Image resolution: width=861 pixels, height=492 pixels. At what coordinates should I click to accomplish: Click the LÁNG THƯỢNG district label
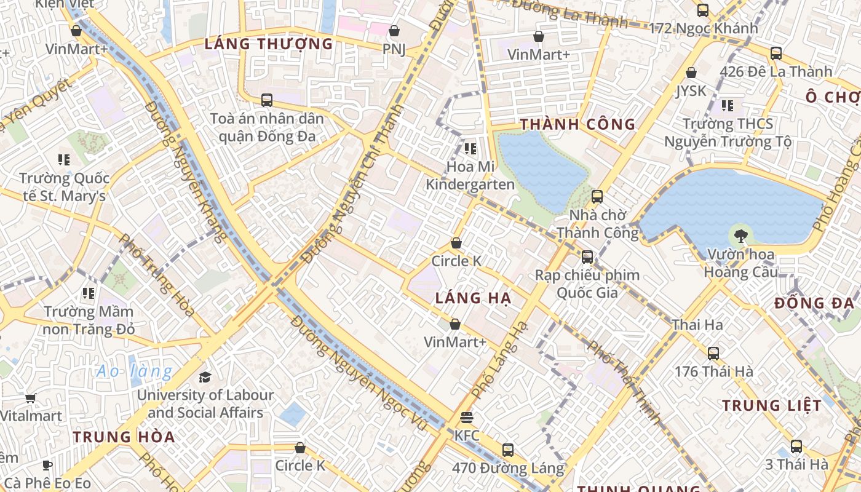[x=268, y=44]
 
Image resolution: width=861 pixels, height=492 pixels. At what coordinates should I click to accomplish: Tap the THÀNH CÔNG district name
[x=577, y=124]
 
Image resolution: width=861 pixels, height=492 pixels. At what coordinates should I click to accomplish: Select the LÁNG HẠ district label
[x=473, y=298]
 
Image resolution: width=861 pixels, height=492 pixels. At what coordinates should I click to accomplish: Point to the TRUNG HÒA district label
[x=124, y=437]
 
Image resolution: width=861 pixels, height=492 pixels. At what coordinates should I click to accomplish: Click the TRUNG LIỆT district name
[x=771, y=405]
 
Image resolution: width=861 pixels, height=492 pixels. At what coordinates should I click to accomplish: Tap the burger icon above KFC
[x=467, y=418]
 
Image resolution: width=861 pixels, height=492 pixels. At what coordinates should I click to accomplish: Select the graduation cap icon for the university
[x=205, y=376]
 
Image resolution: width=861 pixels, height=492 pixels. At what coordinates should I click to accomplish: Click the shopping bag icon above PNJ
[x=394, y=30]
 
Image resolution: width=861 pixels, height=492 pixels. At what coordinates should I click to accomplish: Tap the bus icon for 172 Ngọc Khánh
[x=703, y=10]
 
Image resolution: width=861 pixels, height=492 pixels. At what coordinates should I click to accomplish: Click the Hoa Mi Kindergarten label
[x=470, y=175]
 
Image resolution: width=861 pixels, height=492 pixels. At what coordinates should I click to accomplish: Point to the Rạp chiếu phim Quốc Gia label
[x=587, y=284]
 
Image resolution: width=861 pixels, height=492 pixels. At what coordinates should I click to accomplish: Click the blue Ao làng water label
[x=135, y=371]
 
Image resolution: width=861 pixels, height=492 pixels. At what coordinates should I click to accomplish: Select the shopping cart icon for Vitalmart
[x=31, y=398]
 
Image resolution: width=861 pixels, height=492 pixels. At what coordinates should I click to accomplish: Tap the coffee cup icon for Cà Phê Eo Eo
[x=47, y=465]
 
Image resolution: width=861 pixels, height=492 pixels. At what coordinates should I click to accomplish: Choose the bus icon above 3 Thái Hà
[x=796, y=446]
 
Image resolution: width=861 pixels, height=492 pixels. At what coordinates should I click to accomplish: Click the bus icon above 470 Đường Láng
[x=508, y=450]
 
